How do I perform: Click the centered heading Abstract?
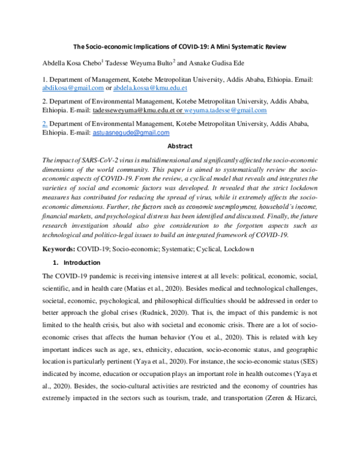(180, 146)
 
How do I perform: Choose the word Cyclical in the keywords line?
(202, 265)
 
